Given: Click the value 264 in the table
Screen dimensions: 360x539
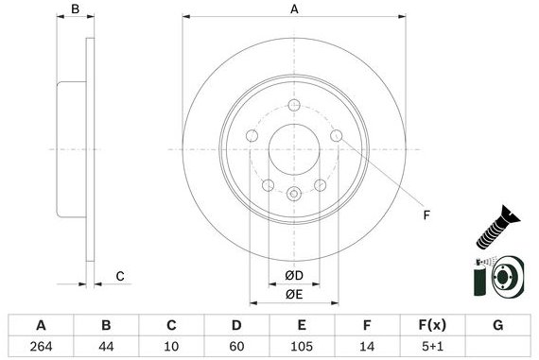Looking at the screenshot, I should (x=41, y=347).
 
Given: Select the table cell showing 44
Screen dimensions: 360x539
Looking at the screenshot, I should (x=107, y=347).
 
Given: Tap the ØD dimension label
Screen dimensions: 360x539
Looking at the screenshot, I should (x=294, y=275).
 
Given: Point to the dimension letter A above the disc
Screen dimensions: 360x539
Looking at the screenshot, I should (x=294, y=9).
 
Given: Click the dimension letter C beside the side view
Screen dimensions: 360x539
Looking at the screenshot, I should (x=120, y=276).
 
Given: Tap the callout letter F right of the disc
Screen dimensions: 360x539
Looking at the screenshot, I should (x=426, y=215).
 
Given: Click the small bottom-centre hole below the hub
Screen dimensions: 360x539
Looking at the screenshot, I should (x=294, y=195).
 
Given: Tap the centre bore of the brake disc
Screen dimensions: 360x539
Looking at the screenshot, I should (x=294, y=150).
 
